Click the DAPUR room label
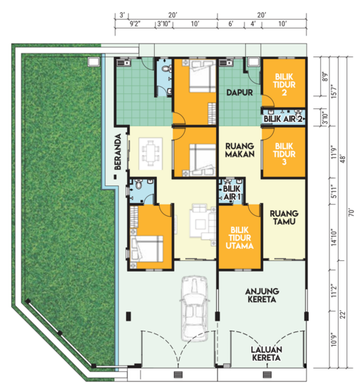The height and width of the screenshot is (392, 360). coord(237,93)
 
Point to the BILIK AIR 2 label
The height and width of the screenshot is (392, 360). coord(284,119)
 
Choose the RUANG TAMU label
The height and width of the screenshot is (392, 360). coord(283,217)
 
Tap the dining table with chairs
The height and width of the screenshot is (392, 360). coord(152,152)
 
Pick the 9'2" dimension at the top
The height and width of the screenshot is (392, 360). coord(134,24)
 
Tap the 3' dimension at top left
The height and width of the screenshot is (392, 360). coord(123,14)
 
